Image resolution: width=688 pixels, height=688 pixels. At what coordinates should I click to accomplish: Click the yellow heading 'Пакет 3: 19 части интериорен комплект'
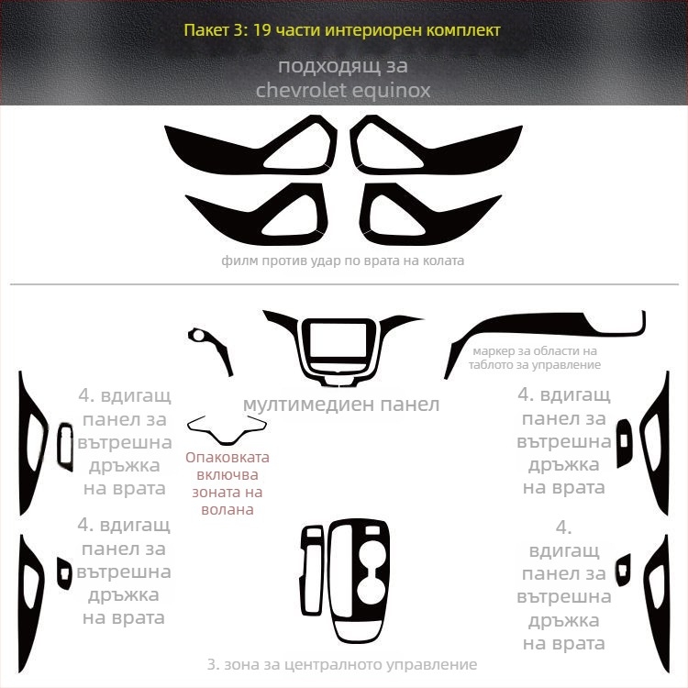[x=342, y=30]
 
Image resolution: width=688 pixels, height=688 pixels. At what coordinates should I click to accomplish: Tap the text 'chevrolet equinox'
[x=343, y=91]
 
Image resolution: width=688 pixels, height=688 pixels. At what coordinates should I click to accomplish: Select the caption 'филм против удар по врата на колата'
[x=343, y=261]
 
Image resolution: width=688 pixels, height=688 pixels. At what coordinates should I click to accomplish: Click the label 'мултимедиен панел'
[x=341, y=405]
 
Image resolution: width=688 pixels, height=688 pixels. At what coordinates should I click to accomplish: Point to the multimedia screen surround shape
[x=303, y=347]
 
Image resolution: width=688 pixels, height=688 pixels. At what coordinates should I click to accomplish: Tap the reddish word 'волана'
[x=227, y=509]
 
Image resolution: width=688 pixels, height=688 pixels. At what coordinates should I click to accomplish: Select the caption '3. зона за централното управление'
[x=342, y=664]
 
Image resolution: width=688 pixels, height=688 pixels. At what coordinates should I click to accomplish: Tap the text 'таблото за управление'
[x=535, y=364]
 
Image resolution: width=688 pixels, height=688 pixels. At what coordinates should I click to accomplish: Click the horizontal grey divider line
[x=344, y=284]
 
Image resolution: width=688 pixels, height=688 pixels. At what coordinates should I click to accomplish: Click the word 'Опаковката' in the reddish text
[x=227, y=457]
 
